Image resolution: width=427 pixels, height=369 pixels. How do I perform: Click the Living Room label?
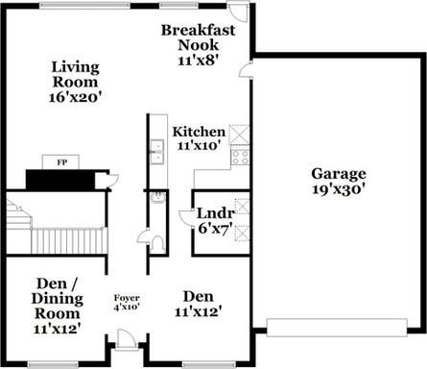tap(77, 81)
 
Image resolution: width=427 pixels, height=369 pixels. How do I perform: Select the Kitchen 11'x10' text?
tap(199, 137)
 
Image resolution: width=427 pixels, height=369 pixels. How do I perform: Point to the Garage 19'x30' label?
tap(338, 182)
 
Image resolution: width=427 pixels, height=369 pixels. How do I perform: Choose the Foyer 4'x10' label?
tap(127, 304)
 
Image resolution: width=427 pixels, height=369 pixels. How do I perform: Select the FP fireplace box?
tap(61, 162)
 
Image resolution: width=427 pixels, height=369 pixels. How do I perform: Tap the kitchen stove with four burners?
tap(240, 156)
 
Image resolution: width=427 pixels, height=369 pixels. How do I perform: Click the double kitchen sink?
tap(154, 148)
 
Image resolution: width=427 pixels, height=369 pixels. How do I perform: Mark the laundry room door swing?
tap(187, 219)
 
